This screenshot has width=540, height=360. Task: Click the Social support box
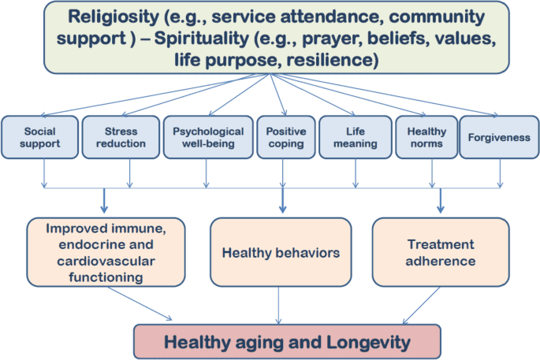pos(39,137)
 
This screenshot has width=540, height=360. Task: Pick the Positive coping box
pos(281,137)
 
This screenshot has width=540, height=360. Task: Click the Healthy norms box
pos(426,137)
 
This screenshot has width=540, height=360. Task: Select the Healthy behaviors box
pos(281,253)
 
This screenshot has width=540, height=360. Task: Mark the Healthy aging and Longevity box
pos(286,341)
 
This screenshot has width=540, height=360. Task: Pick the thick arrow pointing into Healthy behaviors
pos(281,200)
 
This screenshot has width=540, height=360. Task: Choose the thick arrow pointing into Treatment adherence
pos(441,200)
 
